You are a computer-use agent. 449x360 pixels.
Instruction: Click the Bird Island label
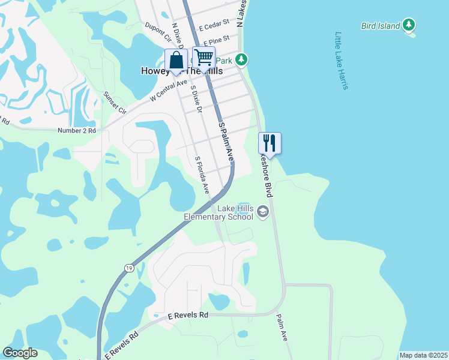pos(381,26)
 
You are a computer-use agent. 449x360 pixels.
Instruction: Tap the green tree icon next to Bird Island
pos(409,25)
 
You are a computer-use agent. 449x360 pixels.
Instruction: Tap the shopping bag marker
pos(176,61)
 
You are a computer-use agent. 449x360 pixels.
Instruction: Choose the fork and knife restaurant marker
pos(270,143)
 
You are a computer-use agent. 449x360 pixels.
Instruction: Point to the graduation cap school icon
pos(263,211)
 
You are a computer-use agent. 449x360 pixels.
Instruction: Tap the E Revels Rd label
pos(187,315)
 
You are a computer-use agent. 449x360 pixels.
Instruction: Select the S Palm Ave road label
pos(226,142)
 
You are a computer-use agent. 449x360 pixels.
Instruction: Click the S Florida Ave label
pos(201,175)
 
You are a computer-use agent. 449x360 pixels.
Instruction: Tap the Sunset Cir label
pos(115,103)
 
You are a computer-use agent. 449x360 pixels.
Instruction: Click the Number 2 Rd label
pos(76,130)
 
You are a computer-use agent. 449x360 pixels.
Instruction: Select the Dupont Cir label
pos(158,31)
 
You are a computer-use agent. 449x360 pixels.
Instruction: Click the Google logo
pos(20,353)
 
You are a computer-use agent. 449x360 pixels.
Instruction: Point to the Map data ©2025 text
pos(423,355)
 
